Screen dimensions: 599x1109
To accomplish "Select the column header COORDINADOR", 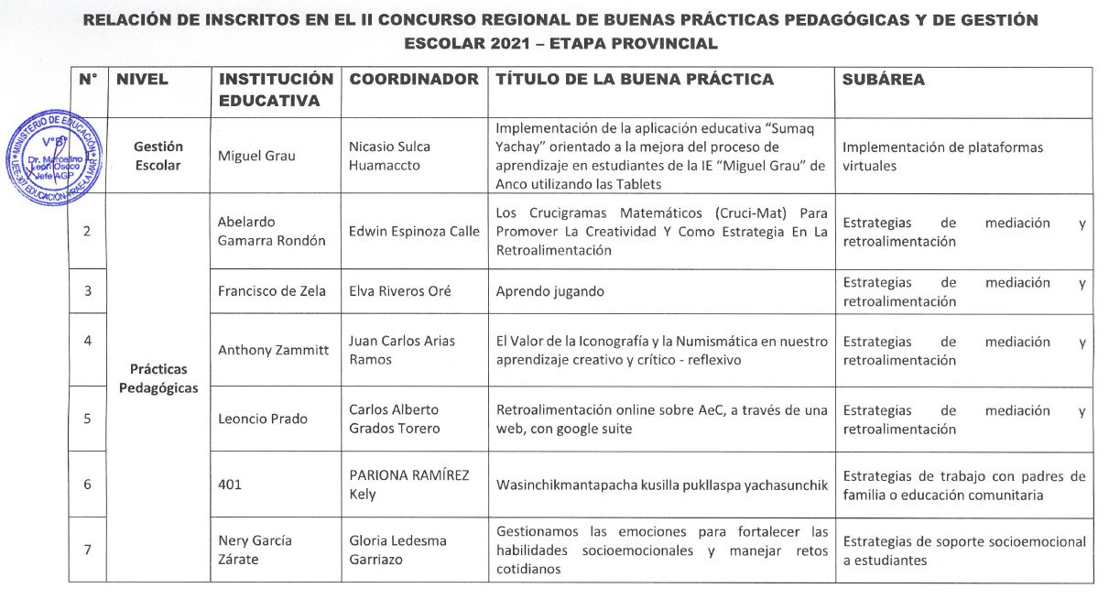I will [414, 80].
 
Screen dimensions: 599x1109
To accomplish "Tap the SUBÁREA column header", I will [883, 80].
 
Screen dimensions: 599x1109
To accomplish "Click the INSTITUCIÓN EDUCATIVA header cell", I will [275, 90].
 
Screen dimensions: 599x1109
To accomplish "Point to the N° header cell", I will [88, 80].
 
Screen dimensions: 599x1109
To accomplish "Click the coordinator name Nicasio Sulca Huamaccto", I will [389, 156].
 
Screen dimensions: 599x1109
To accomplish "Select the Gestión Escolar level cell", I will [158, 156].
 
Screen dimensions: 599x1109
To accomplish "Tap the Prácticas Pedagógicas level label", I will [158, 378].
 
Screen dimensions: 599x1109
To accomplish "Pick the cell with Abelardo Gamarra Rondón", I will [271, 231].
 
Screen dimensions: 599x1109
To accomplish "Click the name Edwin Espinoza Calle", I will [414, 231].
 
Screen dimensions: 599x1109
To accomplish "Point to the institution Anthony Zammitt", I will [273, 350].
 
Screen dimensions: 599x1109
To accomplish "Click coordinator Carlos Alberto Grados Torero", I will [394, 419].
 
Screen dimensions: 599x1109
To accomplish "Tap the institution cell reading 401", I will [230, 484].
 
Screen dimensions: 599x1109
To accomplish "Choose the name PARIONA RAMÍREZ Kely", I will [409, 484].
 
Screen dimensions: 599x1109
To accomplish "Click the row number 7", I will [88, 550].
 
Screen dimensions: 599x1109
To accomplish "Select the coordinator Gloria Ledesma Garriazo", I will [397, 550].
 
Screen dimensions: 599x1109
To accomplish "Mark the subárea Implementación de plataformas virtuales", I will [942, 156].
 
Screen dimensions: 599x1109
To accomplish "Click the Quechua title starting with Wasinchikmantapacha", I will [660, 484].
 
